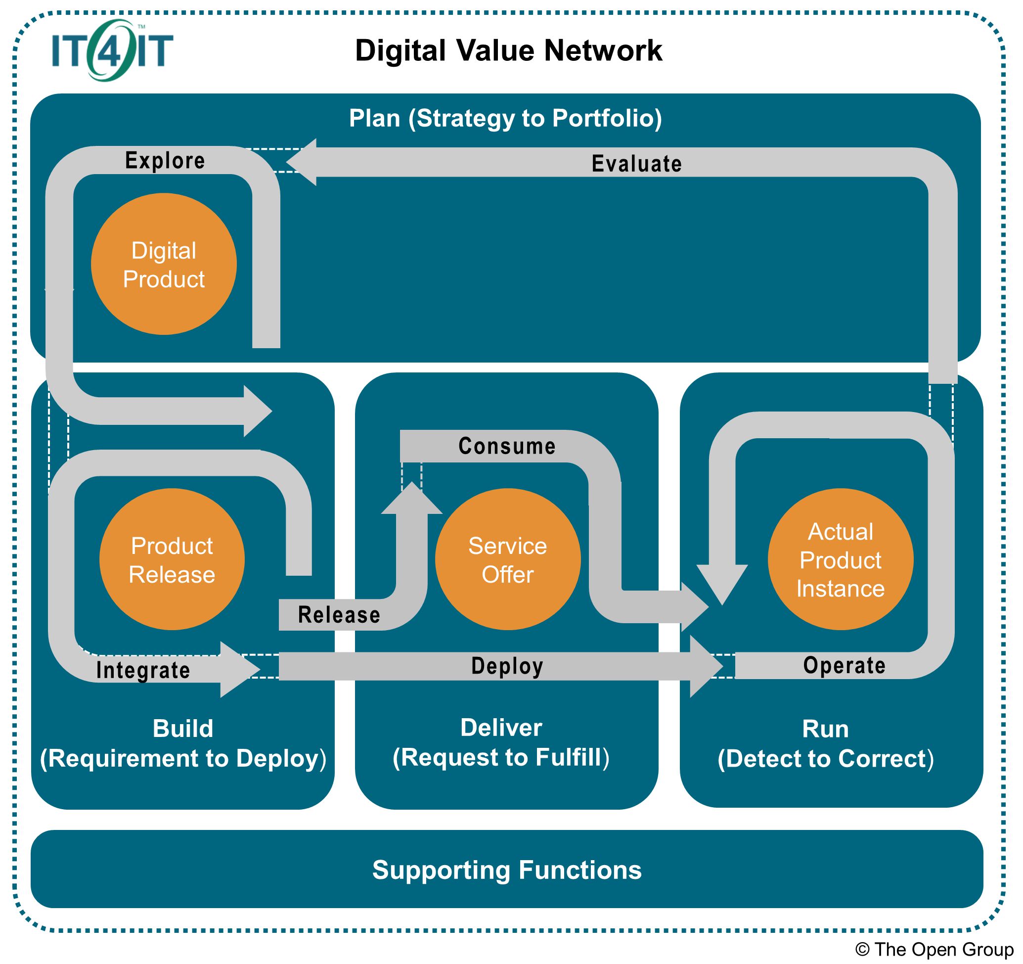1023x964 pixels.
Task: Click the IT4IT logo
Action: pos(112,50)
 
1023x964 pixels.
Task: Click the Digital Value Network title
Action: pos(508,50)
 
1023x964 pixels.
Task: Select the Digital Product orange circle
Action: pos(164,264)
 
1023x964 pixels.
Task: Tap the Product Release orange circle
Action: pos(172,559)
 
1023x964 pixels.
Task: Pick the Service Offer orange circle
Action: pos(507,559)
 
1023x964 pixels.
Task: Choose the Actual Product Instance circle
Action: pos(841,559)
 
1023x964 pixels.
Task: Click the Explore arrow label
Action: pos(165,161)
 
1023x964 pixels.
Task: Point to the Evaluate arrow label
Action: pos(636,164)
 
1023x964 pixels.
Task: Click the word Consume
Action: pos(507,446)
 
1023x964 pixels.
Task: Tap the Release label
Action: pos(339,615)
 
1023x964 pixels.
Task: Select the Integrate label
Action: pos(143,670)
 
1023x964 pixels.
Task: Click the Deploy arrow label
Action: pos(507,666)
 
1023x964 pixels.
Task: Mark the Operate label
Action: pos(845,665)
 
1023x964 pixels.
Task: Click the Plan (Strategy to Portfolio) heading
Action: pos(505,118)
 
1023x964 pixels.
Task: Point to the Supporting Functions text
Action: pos(507,870)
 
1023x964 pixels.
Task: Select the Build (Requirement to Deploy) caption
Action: pos(183,744)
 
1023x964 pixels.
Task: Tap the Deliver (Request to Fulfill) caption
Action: pos(501,743)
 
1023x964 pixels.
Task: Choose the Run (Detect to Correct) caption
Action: pos(825,744)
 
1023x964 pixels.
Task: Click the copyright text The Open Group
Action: pos(934,949)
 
